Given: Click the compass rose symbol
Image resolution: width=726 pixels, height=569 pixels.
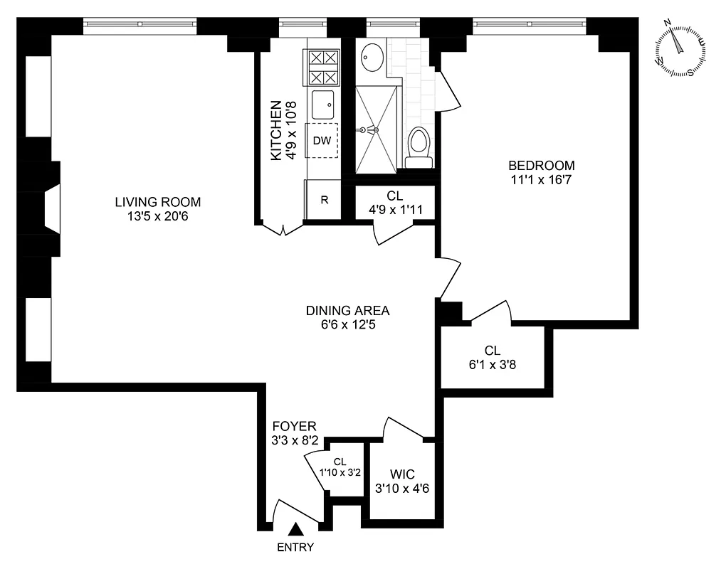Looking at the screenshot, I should point(681,50).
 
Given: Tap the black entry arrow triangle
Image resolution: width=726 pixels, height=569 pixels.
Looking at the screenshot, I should point(295,529).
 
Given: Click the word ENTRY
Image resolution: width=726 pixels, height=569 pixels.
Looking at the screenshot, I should point(295,548).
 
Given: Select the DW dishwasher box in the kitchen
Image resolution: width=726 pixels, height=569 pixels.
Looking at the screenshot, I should point(322,141).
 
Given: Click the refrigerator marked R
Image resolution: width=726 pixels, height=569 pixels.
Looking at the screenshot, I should point(323,200).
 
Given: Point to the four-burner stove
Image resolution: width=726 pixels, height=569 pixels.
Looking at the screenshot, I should point(322,68).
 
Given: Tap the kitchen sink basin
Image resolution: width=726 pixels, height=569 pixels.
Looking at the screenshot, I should point(322,105).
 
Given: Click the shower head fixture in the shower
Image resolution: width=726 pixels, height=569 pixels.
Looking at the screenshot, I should point(369,130).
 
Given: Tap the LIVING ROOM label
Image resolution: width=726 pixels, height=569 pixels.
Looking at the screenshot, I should point(158,202).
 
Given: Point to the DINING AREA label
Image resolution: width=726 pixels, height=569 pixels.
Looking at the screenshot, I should point(348,310).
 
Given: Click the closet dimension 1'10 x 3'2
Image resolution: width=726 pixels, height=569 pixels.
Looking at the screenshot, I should point(340,472).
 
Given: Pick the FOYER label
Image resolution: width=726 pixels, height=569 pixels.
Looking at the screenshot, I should point(294,426).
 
